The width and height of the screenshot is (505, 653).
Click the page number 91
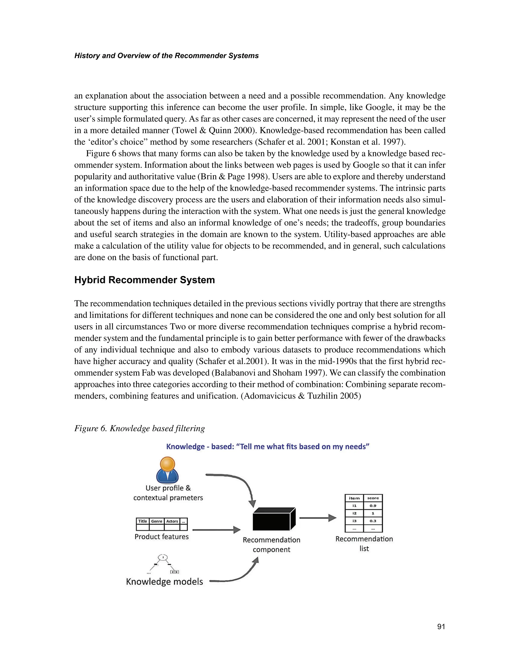click(441, 626)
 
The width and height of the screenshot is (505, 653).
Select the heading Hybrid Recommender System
click(144, 280)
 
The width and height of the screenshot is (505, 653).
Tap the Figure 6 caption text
click(139, 428)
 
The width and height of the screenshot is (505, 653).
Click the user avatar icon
click(167, 470)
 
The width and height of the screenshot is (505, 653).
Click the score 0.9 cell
click(373, 506)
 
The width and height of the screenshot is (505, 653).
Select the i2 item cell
click(354, 513)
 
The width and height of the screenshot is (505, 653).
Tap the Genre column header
click(157, 521)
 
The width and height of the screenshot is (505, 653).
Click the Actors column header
click(172, 521)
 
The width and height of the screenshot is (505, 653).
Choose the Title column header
click(143, 521)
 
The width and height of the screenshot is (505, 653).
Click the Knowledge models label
click(164, 582)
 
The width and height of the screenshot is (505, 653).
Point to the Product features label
click(162, 536)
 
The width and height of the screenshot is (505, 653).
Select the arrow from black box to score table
click(318, 518)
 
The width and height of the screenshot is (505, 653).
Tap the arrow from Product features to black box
click(216, 530)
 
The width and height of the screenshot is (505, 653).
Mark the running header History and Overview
click(166, 56)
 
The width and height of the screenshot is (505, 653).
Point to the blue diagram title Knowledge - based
click(268, 447)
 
